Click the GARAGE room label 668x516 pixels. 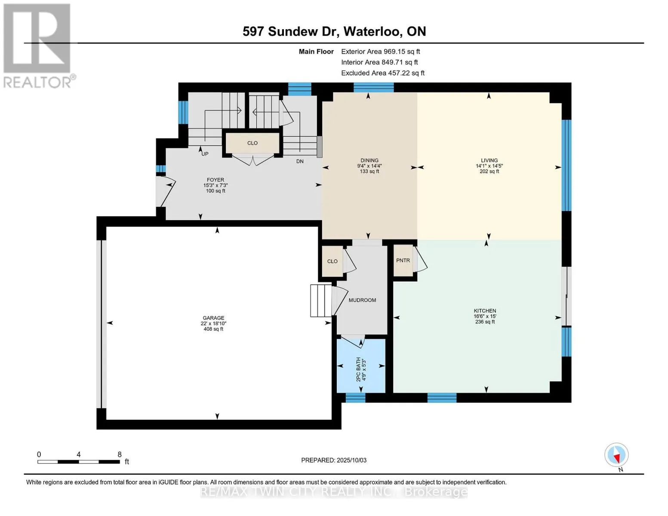[213, 318]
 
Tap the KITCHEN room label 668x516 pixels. [485, 311]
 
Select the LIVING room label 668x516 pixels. [489, 160]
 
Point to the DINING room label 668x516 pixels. [369, 160]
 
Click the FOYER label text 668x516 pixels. [215, 180]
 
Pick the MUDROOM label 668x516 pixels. [362, 300]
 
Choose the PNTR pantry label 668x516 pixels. [403, 260]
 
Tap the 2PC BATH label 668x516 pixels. [358, 369]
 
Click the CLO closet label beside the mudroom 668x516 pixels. [332, 261]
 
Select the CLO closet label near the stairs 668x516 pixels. [252, 143]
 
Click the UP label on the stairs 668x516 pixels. [205, 154]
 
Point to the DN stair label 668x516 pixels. [300, 161]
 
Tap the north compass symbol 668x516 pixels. [616, 455]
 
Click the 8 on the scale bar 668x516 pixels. [120, 454]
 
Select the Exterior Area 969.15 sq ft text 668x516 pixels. [380, 52]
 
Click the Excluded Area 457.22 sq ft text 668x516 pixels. [383, 73]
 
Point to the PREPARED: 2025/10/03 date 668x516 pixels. [333, 460]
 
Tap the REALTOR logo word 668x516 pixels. [37, 83]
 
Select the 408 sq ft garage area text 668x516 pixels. [213, 329]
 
